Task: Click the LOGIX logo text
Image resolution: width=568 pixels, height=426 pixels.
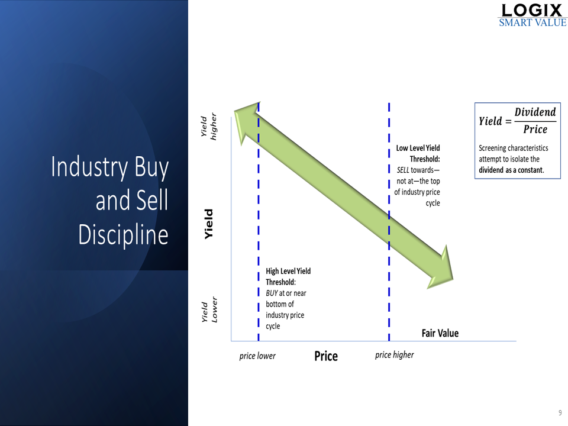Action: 532,10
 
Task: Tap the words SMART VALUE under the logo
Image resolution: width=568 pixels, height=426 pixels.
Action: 532,23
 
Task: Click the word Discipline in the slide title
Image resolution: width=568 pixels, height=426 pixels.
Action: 123,235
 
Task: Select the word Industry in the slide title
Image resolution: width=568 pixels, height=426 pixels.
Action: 89,167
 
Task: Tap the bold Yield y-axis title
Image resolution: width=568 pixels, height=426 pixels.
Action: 209,224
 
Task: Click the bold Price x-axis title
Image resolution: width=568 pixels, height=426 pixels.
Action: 326,356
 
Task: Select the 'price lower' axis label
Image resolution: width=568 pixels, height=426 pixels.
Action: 257,356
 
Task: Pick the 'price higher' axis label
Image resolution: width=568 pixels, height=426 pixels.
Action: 395,355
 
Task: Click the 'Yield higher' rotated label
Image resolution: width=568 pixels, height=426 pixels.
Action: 209,127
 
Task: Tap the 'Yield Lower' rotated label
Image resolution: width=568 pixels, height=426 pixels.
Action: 209,309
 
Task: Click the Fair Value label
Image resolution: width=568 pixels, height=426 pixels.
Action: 440,333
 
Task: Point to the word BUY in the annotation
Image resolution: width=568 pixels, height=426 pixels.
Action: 272,293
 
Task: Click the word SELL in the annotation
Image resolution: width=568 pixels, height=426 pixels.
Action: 403,170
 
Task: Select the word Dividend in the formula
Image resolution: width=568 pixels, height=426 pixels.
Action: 535,112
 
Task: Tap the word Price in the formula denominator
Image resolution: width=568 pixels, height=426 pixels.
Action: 535,130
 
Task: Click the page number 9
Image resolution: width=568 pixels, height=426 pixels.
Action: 560,412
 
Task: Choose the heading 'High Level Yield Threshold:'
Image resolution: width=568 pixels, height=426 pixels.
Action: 288,276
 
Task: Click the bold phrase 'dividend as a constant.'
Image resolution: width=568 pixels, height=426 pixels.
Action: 511,170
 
